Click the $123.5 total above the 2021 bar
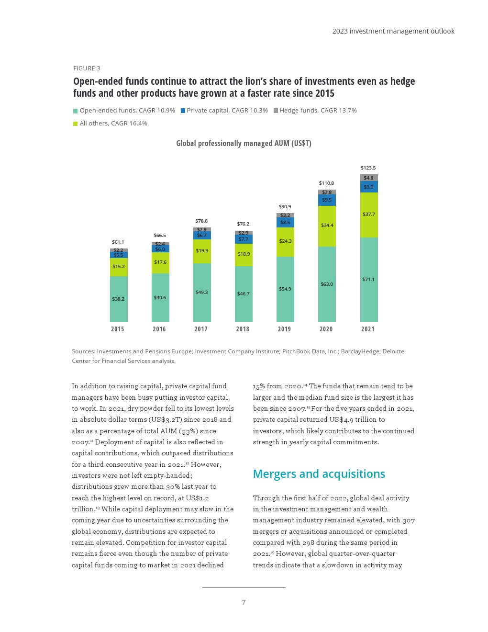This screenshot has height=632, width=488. coord(368,168)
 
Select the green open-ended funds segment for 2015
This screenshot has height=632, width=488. coord(119,299)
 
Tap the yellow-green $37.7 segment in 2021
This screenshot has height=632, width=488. coord(369,214)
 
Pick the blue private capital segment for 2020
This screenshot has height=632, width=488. coord(327,200)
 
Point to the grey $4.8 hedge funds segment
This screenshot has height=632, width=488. coord(369,178)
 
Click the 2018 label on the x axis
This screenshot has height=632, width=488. coord(243,329)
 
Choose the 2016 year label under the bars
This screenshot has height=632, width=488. coord(159,329)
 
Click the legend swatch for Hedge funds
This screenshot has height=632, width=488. coord(276,111)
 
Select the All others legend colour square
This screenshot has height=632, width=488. coord(75,124)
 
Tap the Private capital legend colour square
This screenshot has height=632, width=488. coord(183,111)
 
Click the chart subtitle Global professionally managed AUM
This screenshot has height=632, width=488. coord(244,143)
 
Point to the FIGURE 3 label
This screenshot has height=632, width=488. coord(87,68)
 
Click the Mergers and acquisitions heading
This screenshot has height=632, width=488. coord(319,474)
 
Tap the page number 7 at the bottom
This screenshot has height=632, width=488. coord(244,602)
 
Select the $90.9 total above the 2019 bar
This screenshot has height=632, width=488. coord(285,207)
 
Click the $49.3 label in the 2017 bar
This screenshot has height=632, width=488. coord(201,292)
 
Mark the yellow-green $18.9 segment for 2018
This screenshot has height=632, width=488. coord(244,254)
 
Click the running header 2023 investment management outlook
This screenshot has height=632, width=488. coord(393,31)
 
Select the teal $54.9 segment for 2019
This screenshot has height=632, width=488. coord(285,289)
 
